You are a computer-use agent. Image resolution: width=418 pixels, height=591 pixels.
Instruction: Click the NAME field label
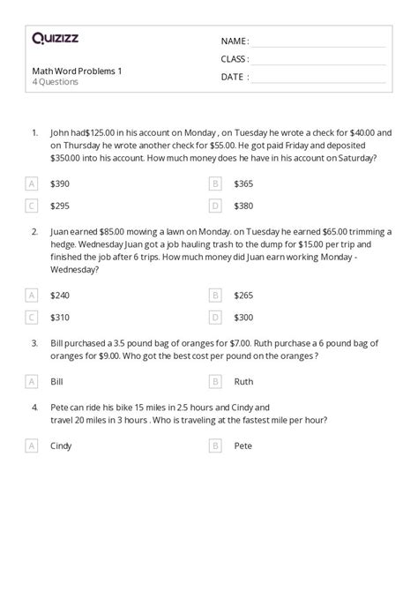(x=235, y=41)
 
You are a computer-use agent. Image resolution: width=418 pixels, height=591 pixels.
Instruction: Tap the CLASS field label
(x=235, y=59)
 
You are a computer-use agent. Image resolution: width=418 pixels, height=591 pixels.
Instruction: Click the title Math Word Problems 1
(x=66, y=71)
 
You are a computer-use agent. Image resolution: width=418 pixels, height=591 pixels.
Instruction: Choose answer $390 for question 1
(x=60, y=183)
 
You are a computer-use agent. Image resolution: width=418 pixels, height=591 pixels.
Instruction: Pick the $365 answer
(x=243, y=183)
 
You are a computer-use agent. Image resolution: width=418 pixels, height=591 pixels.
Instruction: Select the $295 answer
(x=60, y=206)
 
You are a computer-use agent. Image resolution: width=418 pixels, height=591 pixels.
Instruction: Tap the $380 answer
(x=243, y=206)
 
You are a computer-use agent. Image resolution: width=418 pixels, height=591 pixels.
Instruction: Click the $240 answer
(x=60, y=295)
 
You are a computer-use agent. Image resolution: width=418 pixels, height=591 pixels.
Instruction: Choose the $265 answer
(x=243, y=295)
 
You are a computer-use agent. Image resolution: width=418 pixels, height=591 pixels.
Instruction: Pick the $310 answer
(x=60, y=317)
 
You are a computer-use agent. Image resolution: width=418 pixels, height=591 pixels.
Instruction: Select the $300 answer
(x=243, y=317)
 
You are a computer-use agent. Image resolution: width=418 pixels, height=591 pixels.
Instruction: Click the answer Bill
(x=57, y=382)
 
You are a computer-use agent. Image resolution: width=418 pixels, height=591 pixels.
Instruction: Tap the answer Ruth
(x=243, y=382)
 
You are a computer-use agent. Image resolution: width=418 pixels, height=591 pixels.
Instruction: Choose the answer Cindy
(x=62, y=446)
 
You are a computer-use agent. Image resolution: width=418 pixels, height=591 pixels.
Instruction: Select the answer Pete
(x=243, y=446)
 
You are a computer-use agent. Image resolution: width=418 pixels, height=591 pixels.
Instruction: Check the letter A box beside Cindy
(x=32, y=446)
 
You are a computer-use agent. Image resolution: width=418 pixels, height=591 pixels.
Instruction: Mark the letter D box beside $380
(x=215, y=206)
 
